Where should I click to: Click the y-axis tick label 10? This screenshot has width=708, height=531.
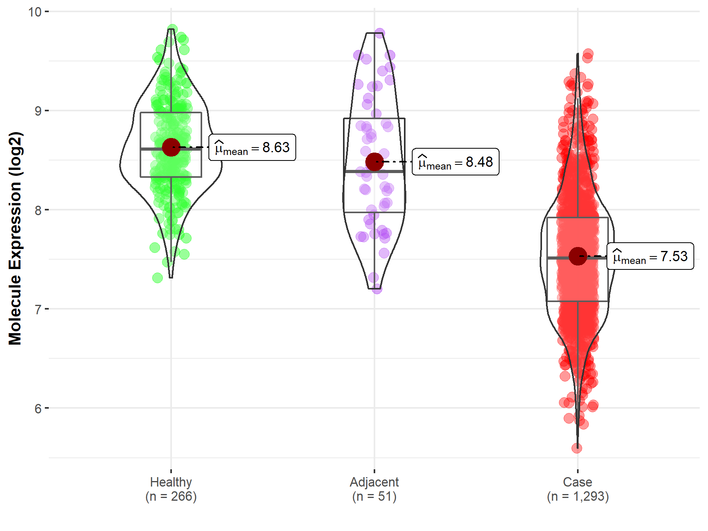[35, 12]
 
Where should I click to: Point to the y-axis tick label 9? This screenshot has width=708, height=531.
[38, 111]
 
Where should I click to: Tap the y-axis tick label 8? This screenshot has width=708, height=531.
[38, 210]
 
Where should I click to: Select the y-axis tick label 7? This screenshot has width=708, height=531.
[38, 310]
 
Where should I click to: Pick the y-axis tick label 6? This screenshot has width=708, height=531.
[38, 409]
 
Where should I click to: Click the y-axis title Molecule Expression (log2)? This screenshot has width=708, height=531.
[15, 238]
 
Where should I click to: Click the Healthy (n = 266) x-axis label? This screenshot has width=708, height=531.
[171, 489]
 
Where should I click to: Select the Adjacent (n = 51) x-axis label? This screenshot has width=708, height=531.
[374, 489]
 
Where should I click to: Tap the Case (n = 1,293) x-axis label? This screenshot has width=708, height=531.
[577, 489]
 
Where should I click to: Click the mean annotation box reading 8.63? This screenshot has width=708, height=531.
[252, 147]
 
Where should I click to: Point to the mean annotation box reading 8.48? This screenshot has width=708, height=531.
[455, 162]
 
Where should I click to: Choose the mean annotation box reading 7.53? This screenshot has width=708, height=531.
[650, 256]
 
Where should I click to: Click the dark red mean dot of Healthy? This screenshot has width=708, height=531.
[171, 147]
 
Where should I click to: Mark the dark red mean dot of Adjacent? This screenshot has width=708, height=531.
[374, 162]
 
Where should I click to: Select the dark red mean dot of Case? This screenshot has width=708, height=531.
[578, 256]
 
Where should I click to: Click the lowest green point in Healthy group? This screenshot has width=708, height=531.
[157, 278]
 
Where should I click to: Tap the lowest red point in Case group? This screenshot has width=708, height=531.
[577, 448]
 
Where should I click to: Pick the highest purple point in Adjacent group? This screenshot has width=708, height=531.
[380, 33]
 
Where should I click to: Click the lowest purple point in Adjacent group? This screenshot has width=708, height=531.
[377, 289]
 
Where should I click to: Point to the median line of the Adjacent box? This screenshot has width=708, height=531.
[374, 171]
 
